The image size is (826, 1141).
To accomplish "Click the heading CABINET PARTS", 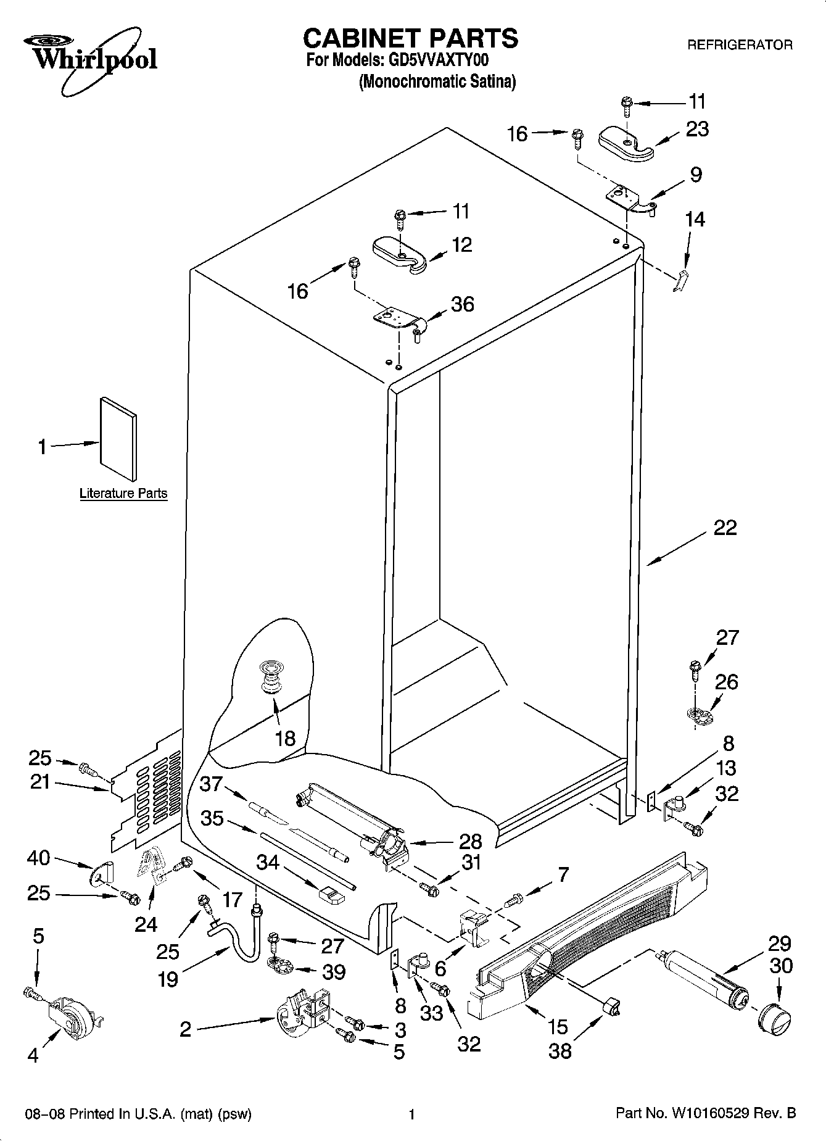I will (x=410, y=38).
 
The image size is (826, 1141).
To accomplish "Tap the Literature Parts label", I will (x=123, y=493).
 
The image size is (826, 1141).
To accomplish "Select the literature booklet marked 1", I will (x=118, y=438).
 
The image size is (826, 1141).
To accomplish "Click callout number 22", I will (x=725, y=528).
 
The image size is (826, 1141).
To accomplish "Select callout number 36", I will (x=462, y=304).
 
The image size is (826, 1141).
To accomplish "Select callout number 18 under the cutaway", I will (x=285, y=738).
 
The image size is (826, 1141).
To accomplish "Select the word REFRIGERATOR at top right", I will (x=739, y=45).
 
